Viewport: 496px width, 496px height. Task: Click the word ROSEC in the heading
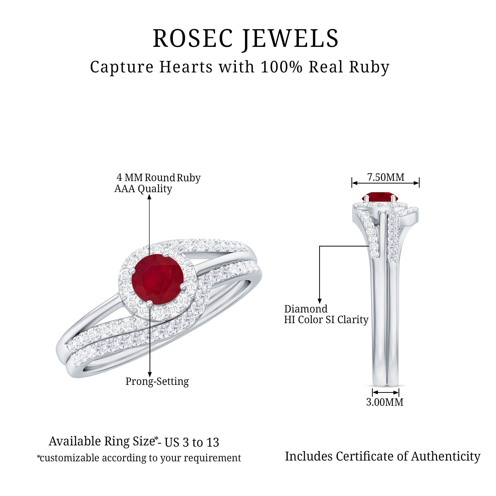(193, 38)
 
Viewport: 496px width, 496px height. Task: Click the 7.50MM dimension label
(386, 177)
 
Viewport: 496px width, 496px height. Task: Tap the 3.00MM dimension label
(385, 402)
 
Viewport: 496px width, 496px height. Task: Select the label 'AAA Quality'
(143, 189)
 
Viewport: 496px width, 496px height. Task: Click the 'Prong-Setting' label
(157, 381)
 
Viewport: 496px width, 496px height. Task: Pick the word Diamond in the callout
(306, 309)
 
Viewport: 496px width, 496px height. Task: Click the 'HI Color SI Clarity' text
(326, 320)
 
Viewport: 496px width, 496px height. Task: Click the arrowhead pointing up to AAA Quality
(149, 197)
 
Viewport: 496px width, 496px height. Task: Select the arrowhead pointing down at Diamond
(320, 301)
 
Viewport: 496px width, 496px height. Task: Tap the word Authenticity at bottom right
(446, 457)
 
